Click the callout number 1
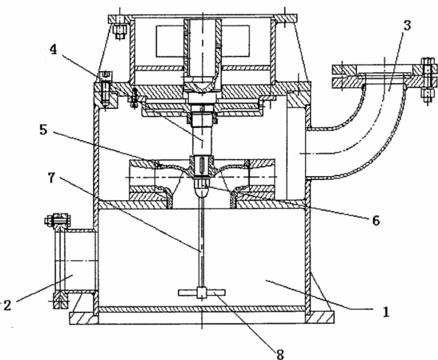(386, 311)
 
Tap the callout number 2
(7, 305)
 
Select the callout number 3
(408, 26)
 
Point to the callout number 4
(53, 50)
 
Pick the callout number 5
(43, 130)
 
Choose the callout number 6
(376, 220)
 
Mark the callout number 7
(51, 178)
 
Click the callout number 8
(280, 354)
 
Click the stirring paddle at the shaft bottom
(202, 293)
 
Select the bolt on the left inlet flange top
(57, 220)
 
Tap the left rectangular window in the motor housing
(170, 41)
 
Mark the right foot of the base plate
(319, 318)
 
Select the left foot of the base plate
(83, 318)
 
